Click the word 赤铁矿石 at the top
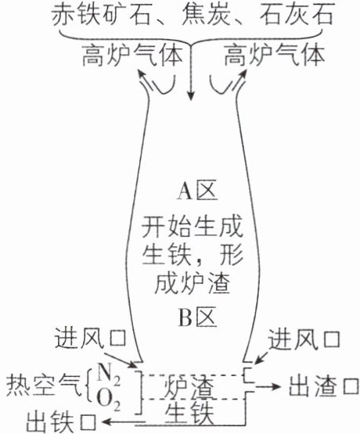pyautogui.click(x=100, y=14)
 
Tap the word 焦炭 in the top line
pyautogui.click(x=206, y=14)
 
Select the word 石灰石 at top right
pyautogui.click(x=297, y=14)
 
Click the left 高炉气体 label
pyautogui.click(x=132, y=56)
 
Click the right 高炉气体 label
pyautogui.click(x=274, y=56)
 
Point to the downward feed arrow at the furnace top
pyautogui.click(x=190, y=73)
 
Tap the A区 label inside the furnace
pyautogui.click(x=197, y=192)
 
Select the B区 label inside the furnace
pyautogui.click(x=197, y=317)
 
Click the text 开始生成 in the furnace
pyautogui.click(x=193, y=227)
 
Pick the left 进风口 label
pyautogui.click(x=90, y=339)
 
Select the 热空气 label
pyautogui.click(x=45, y=386)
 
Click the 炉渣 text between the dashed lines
pyautogui.click(x=190, y=387)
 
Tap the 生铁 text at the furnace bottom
pyautogui.click(x=190, y=414)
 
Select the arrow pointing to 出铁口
pyautogui.click(x=123, y=421)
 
